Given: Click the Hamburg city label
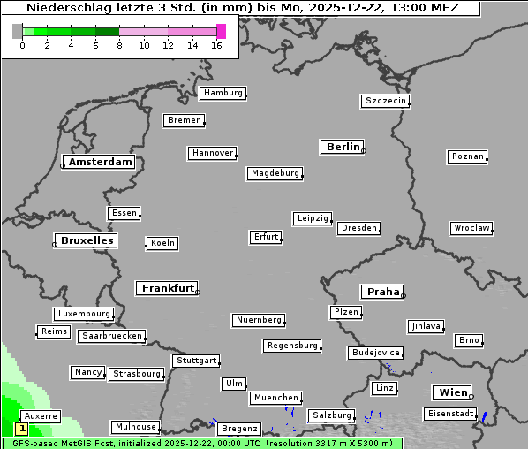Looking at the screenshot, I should [x=222, y=93].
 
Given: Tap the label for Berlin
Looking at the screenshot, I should [x=342, y=147].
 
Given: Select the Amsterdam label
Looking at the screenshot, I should [x=100, y=162].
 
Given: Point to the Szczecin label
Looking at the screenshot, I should [x=385, y=101].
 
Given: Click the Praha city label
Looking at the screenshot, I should [x=382, y=292].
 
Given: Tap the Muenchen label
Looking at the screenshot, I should [x=276, y=399].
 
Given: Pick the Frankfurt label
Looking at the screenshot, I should [x=167, y=288].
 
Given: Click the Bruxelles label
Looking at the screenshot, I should [x=85, y=240].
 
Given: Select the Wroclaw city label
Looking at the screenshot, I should [x=471, y=228].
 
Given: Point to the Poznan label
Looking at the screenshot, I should [x=467, y=156].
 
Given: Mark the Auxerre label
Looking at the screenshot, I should [x=40, y=415].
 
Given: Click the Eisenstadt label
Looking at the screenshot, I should [x=449, y=414].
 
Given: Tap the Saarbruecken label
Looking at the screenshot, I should [x=111, y=336].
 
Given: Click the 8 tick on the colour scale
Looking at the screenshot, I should [x=119, y=45].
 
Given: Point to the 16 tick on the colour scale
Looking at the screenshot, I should [x=217, y=45].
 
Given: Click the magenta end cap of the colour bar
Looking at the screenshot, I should [x=221, y=31].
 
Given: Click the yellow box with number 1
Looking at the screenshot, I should [x=22, y=429].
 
